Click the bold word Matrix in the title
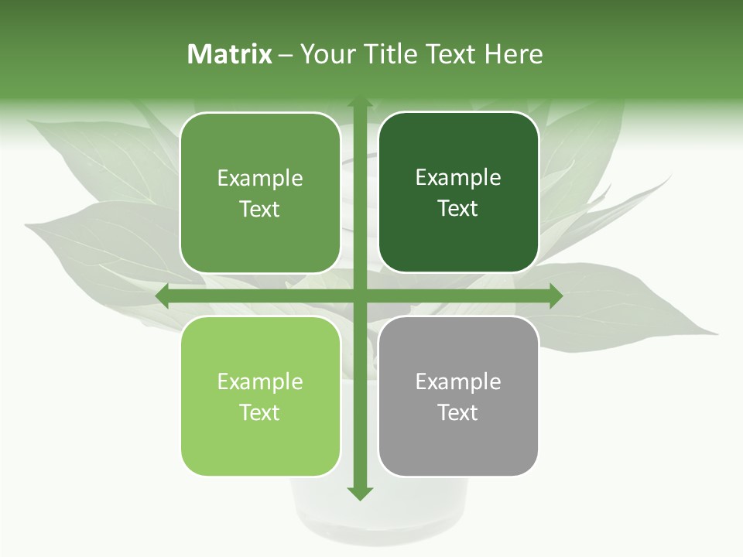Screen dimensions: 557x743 click(230, 54)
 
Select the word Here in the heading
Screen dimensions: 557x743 click(513, 54)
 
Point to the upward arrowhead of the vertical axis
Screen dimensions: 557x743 click(359, 104)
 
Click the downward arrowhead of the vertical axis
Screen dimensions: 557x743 click(359, 493)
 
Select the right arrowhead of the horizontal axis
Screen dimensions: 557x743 click(555, 296)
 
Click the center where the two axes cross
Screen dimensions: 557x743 click(359, 296)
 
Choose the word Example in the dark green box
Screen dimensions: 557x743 click(458, 178)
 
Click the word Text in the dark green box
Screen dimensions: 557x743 click(458, 209)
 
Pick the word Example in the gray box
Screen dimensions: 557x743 click(458, 381)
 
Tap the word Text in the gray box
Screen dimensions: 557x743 click(458, 412)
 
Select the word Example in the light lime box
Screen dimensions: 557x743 click(260, 381)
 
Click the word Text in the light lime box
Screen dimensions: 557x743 click(260, 412)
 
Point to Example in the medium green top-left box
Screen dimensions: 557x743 click(260, 179)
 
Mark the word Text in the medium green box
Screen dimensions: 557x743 click(260, 210)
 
